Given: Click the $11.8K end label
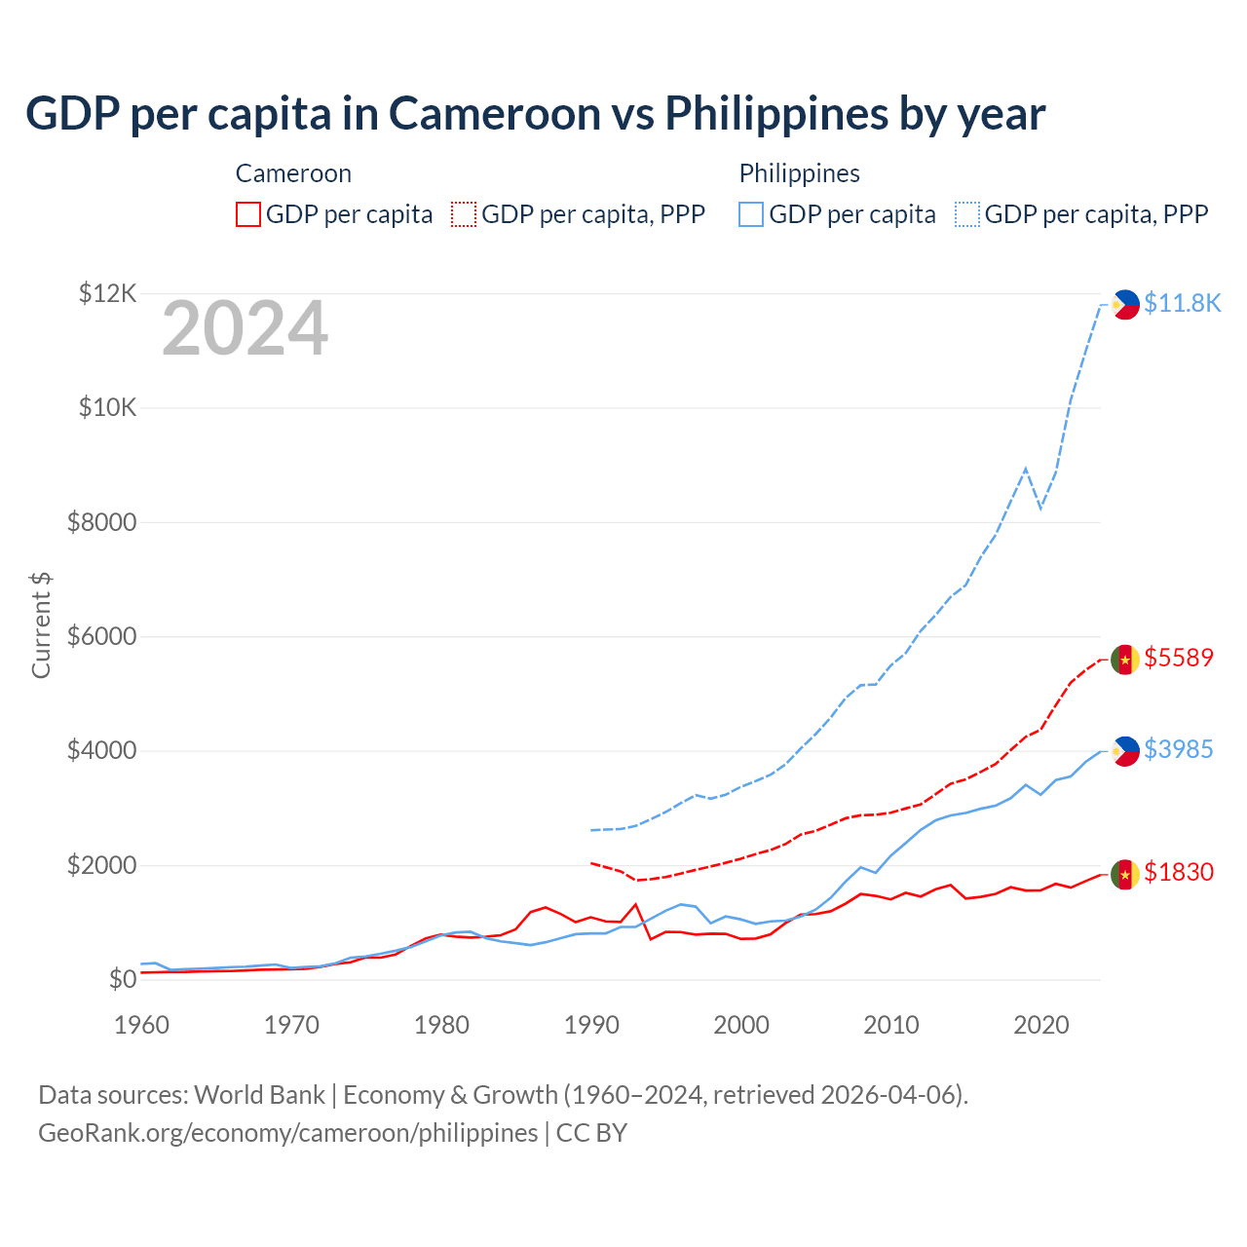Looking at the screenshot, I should point(1182,303).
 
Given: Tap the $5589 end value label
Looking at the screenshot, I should point(1179,658).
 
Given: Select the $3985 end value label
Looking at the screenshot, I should point(1179,749).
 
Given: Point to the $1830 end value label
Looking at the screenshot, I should point(1179,872).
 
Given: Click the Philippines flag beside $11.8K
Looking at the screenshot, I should point(1125,304).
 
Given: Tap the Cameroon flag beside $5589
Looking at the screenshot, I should point(1125,660).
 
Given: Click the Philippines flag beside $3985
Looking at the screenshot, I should point(1125,751).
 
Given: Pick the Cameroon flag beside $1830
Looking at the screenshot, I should point(1125,874).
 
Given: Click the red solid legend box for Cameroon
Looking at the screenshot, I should point(248,214).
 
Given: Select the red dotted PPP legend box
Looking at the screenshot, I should point(464,214).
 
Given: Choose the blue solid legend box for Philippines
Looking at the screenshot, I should point(751,214).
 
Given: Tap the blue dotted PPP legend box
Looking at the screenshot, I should point(967,214).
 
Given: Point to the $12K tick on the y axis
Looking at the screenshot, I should point(107,293).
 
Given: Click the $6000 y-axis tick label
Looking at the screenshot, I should point(101,637).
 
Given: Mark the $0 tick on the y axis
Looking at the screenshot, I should point(122,979).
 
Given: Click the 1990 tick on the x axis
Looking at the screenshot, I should point(591,1025).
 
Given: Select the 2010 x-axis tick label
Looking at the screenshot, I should point(891,1025).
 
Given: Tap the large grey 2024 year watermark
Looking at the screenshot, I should point(245,329).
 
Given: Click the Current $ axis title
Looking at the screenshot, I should point(41,624).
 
